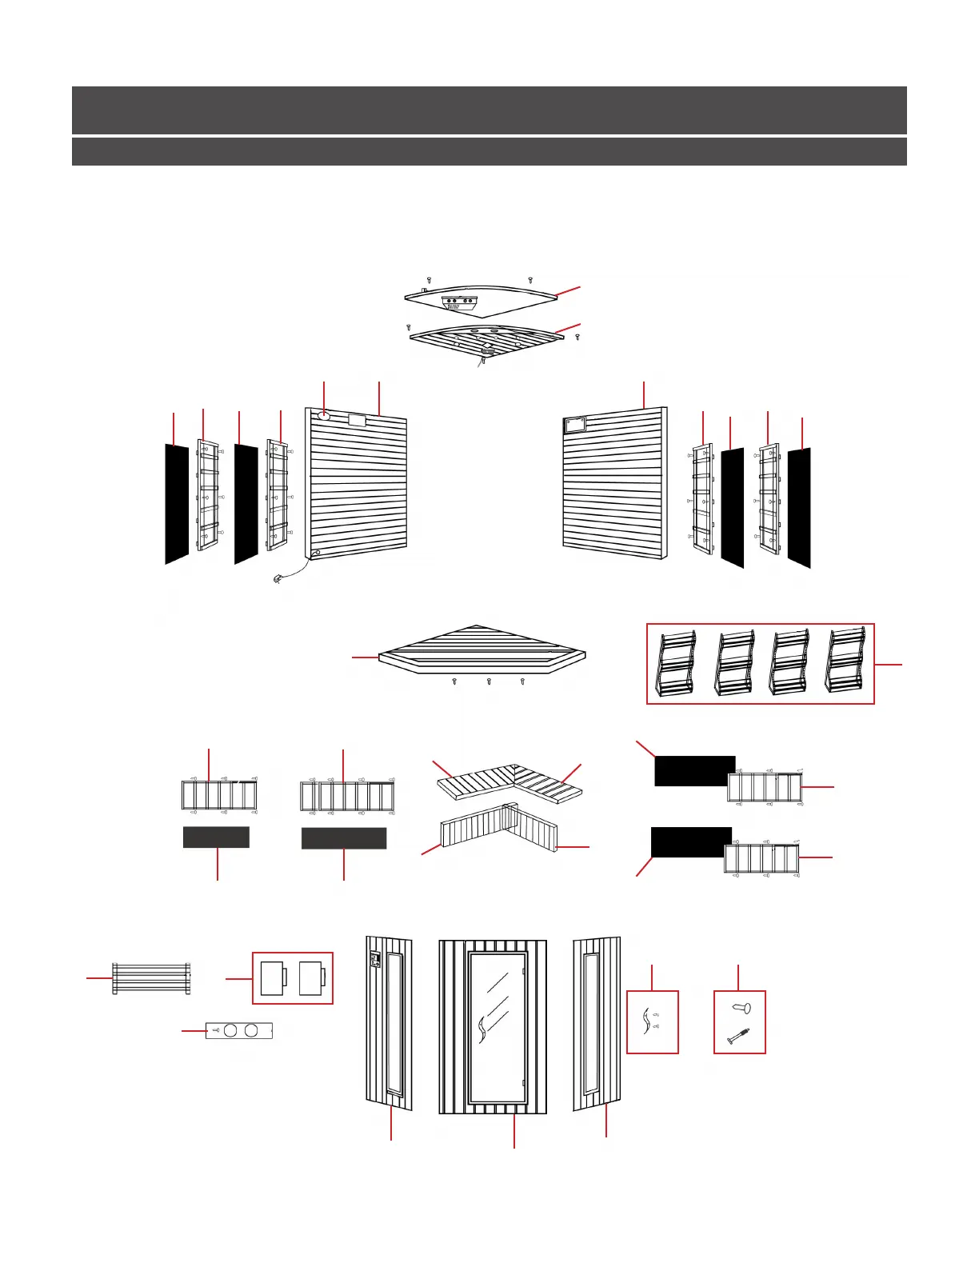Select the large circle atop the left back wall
point(324,415)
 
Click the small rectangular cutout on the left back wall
point(357,419)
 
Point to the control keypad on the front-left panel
point(374,959)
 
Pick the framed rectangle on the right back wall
point(574,426)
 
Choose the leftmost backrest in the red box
point(674,664)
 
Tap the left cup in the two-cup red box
point(273,977)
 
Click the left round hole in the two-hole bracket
point(230,1030)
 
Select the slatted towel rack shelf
point(151,978)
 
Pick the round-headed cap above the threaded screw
point(740,1009)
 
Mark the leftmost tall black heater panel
point(177,504)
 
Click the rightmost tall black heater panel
point(799,507)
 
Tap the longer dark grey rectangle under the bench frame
point(344,838)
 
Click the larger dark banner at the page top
point(489,110)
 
